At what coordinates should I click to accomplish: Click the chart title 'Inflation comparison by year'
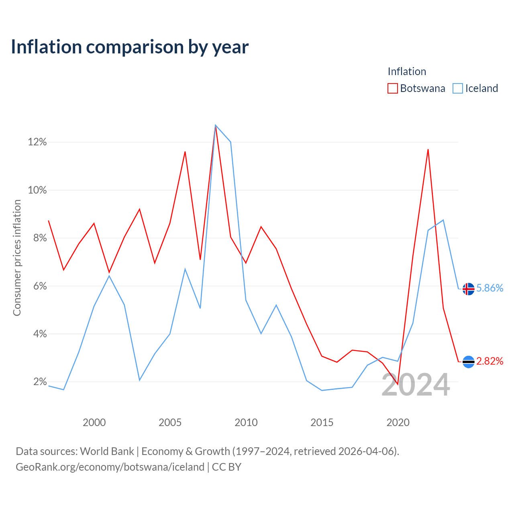tap(130, 47)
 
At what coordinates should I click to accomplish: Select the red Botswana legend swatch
tap(392, 88)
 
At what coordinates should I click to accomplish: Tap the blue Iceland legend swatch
tap(458, 88)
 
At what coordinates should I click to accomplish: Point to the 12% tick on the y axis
tap(37, 142)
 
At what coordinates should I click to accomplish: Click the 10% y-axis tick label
tap(37, 190)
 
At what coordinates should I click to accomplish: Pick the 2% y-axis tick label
tap(40, 382)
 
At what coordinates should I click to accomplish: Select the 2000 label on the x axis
tap(94, 422)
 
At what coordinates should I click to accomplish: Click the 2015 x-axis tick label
tap(322, 422)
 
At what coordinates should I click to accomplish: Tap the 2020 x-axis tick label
tap(398, 422)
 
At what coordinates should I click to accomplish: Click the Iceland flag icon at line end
tap(468, 289)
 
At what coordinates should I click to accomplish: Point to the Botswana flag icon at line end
tap(468, 362)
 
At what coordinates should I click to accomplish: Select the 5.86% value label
tap(490, 288)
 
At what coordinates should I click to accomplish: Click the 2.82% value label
tap(490, 361)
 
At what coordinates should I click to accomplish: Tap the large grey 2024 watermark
tap(416, 385)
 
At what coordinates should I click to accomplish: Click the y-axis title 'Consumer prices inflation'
tap(17, 258)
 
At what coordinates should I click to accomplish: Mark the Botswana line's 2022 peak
tap(428, 150)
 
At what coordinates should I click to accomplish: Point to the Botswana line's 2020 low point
tap(398, 384)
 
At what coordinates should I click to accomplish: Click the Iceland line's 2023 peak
tap(443, 220)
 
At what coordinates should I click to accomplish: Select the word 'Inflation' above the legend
tap(407, 71)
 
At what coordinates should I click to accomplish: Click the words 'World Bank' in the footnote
tap(107, 451)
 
